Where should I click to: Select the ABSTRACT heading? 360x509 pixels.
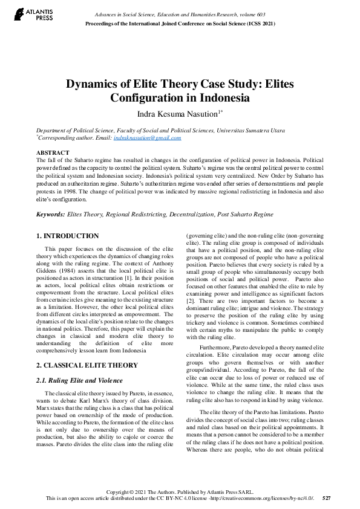tap(53, 152)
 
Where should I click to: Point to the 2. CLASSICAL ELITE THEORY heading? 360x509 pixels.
tap(87, 365)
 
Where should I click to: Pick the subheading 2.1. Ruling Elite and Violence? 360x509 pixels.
tap(79, 380)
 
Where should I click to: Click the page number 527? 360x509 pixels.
tap(326, 498)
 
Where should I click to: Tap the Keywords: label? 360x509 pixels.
tap(51, 214)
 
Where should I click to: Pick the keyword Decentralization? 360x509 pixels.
tap(191, 214)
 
